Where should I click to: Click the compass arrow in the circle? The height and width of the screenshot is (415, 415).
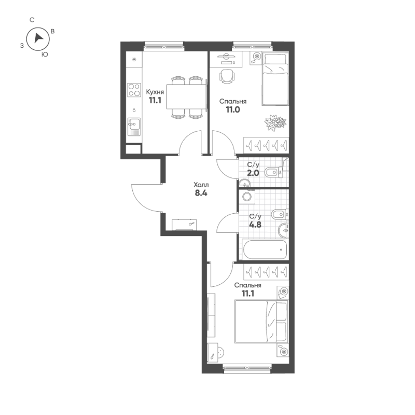tap(38, 38)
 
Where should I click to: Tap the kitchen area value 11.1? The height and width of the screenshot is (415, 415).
tap(155, 101)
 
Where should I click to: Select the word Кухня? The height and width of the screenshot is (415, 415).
tap(155, 92)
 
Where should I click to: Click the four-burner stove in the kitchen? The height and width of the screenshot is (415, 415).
tap(134, 90)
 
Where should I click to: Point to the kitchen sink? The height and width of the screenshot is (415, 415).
tap(134, 127)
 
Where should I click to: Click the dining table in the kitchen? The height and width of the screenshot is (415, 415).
tap(186, 96)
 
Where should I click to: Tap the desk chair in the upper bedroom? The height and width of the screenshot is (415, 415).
tap(227, 76)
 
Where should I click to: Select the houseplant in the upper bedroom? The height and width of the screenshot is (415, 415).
tap(275, 122)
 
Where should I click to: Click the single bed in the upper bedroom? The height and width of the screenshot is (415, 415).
tap(275, 79)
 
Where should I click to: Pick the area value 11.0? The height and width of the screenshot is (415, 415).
tap(233, 109)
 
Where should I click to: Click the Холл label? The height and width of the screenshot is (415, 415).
tap(201, 185)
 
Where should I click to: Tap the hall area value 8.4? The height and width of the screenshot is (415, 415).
tap(201, 193)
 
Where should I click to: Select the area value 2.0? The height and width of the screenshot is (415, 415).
tap(253, 173)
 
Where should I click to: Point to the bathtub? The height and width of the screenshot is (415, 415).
tap(265, 250)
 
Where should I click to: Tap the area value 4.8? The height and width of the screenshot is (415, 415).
tap(255, 225)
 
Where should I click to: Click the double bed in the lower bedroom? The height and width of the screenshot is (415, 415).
tap(261, 321)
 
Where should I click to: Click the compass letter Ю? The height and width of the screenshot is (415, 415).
tap(45, 54)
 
